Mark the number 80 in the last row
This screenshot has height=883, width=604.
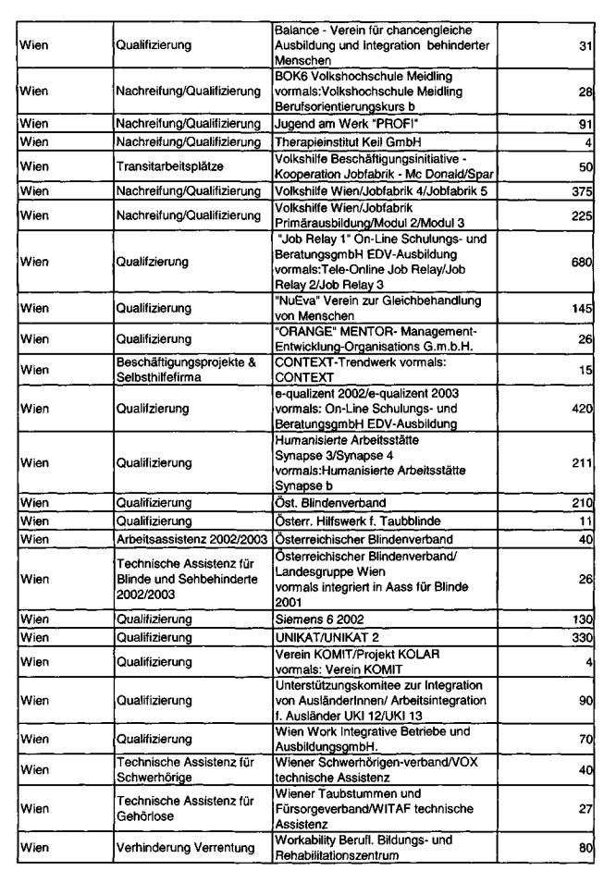(x=585, y=849)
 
